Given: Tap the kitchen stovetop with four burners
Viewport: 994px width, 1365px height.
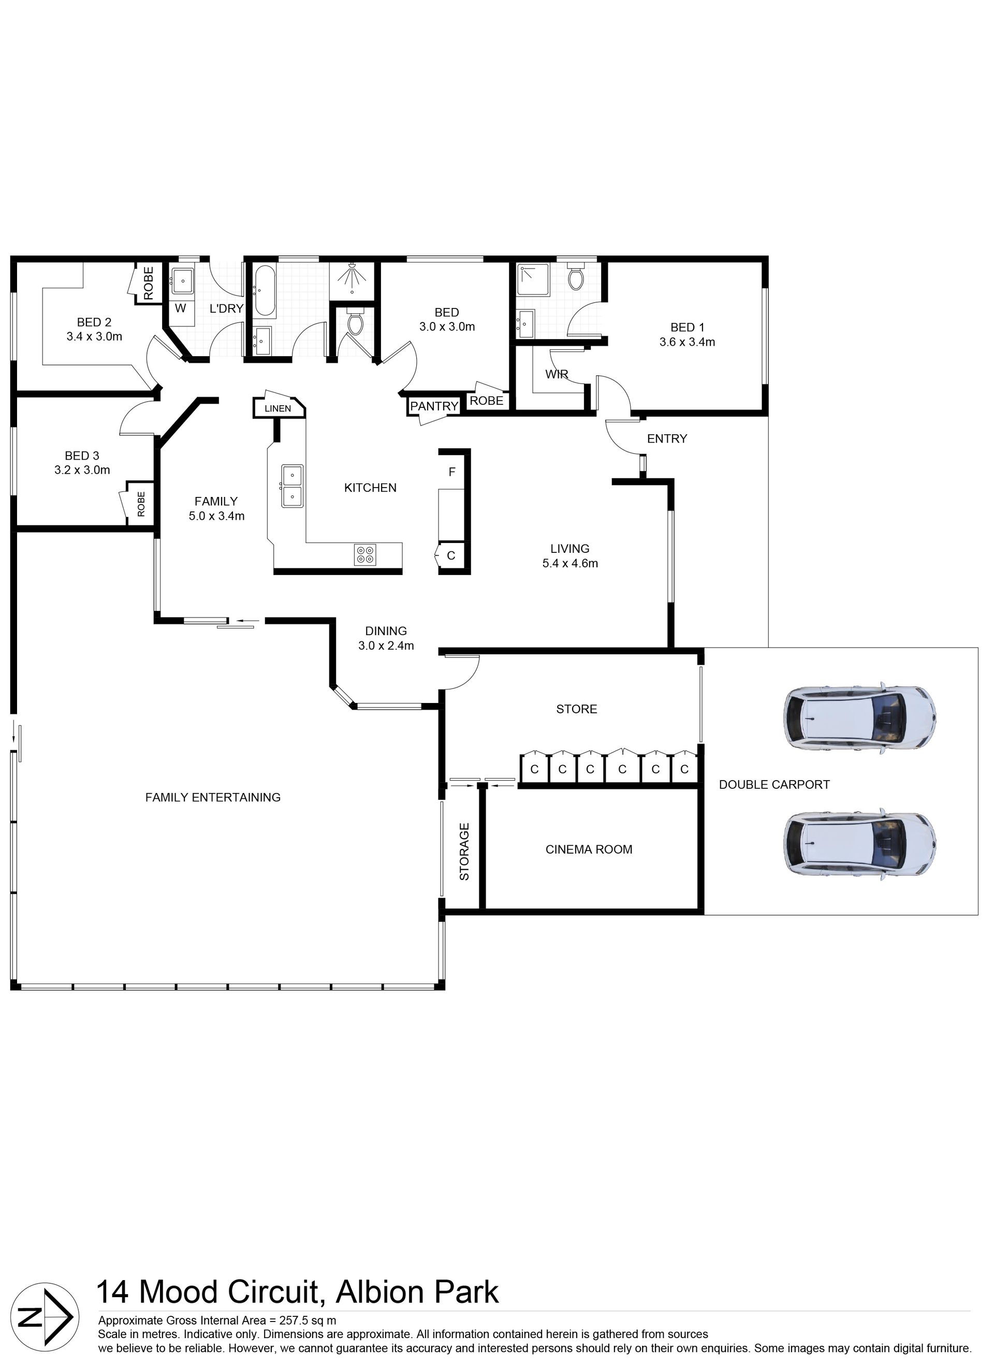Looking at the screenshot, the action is (365, 554).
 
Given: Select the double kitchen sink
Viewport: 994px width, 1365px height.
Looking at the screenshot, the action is (292, 486).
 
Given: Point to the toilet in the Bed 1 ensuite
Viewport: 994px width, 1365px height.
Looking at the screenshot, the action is (576, 278).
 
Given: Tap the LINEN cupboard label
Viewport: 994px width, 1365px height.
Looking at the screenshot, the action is (277, 408).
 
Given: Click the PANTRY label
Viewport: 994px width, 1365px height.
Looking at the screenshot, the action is (434, 406).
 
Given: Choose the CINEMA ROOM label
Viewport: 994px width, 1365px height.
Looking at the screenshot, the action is (589, 849).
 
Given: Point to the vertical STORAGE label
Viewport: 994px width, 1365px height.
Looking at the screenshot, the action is (464, 852).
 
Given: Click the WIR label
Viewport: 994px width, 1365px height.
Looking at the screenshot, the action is (557, 374).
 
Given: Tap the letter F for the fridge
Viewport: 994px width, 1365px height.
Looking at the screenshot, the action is (452, 472).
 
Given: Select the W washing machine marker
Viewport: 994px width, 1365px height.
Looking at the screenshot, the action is (180, 308).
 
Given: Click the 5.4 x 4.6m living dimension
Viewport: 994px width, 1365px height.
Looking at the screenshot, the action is (570, 563).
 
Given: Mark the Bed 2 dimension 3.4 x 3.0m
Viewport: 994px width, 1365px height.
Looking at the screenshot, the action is (95, 336).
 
